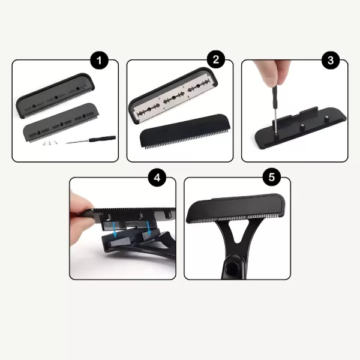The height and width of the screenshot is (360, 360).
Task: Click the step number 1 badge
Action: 99,61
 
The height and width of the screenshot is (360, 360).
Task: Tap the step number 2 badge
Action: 216,59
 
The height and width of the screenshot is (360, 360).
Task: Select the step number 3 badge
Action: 331,61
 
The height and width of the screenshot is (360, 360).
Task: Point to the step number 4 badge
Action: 157,178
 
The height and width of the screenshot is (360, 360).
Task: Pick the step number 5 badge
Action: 272,177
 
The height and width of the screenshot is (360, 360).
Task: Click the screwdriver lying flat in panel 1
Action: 91,139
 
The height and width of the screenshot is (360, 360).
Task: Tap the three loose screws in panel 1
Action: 50,143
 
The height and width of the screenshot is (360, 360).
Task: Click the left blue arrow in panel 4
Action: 115,231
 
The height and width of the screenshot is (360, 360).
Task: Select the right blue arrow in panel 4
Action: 149,228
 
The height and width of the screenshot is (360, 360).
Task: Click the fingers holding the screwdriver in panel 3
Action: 271,71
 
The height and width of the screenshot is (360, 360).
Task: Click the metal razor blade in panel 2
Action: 172,98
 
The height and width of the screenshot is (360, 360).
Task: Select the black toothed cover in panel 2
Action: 185,131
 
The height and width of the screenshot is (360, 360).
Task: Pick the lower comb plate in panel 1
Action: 62,123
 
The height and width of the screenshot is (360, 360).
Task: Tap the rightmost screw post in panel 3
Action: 325,119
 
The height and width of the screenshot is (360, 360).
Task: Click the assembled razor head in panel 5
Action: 236,208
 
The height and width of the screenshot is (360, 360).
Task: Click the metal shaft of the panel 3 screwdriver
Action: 275,120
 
